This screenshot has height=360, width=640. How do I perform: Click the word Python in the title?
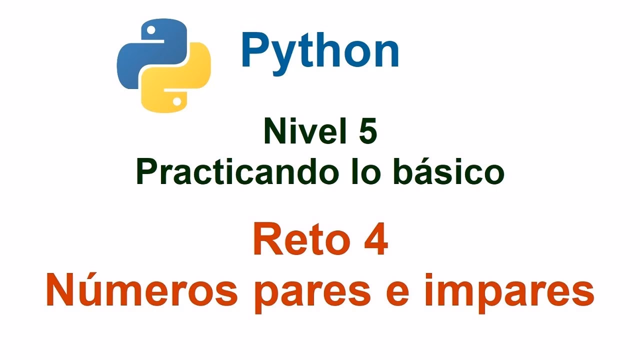tap(320, 51)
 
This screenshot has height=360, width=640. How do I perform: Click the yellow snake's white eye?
tap(176, 101)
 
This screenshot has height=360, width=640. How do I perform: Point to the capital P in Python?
tap(255, 51)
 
